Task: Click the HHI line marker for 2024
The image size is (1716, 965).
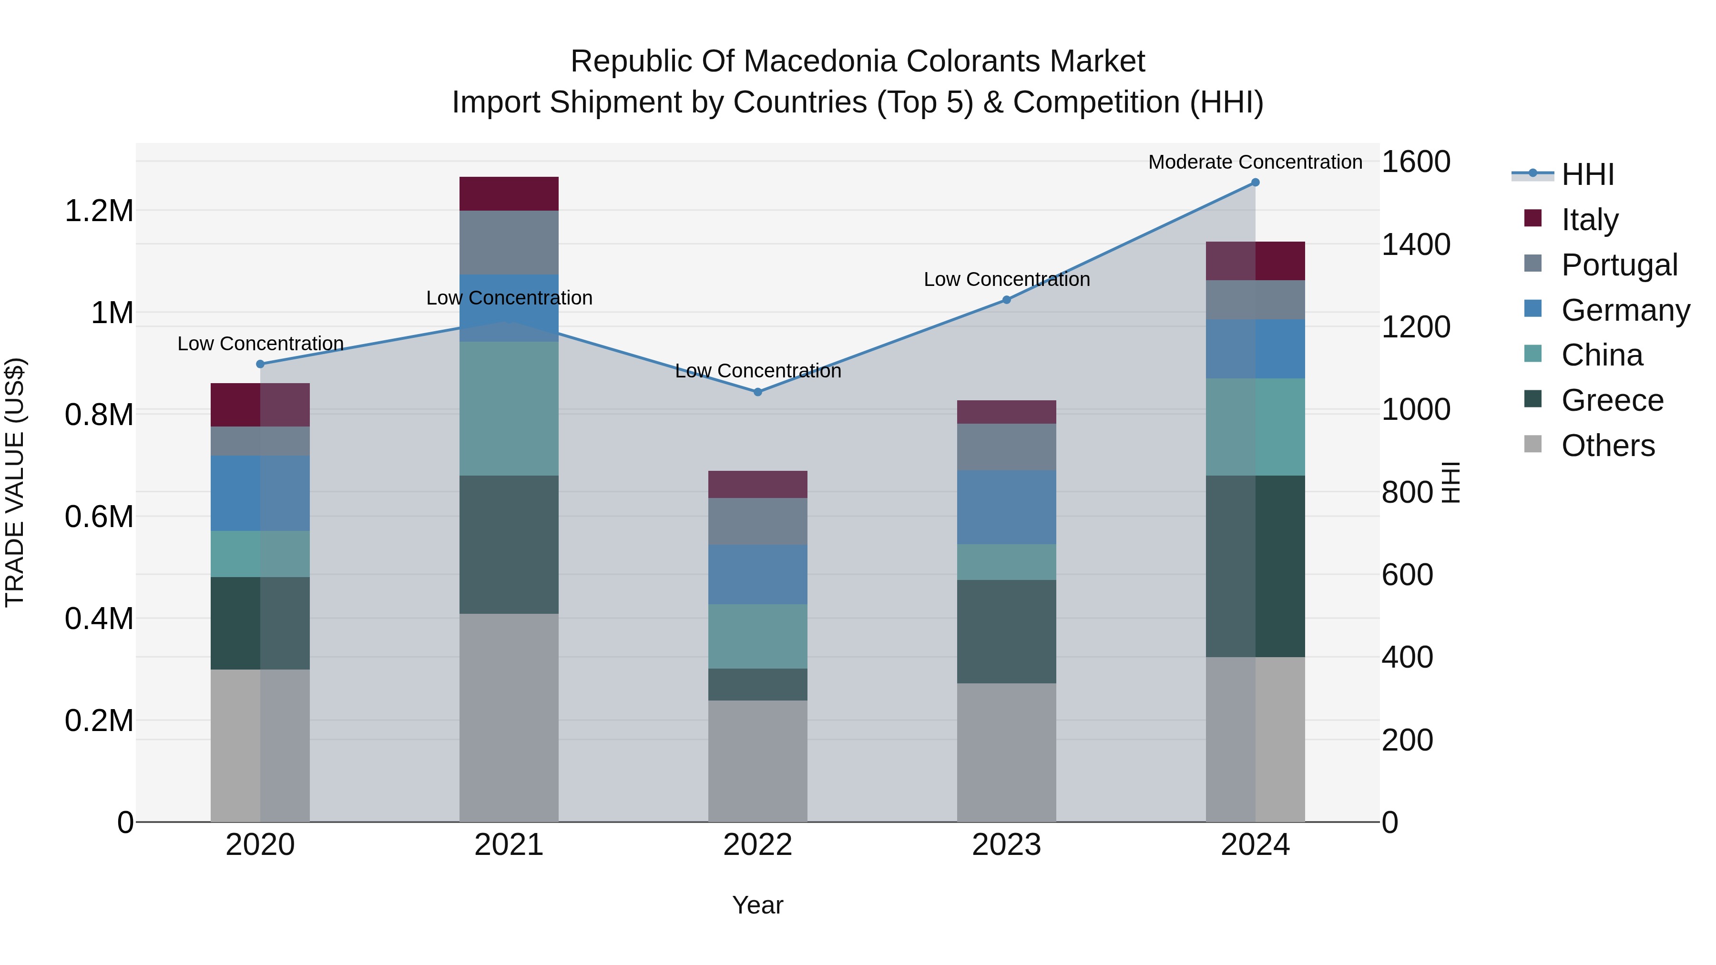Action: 1255,182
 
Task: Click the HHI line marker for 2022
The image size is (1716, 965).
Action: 757,392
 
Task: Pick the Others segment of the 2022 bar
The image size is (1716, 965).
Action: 757,761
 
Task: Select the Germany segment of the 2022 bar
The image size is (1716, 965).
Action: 757,574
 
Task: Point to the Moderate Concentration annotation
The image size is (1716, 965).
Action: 1255,162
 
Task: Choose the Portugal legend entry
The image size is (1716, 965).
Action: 1619,264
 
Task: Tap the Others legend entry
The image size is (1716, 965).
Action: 1607,445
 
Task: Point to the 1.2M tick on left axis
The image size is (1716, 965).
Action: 99,211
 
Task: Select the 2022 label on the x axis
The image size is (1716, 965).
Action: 757,844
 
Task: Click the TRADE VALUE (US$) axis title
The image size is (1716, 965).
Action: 15,482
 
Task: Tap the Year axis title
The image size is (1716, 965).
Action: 757,905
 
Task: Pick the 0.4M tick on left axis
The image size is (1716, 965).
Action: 99,619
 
